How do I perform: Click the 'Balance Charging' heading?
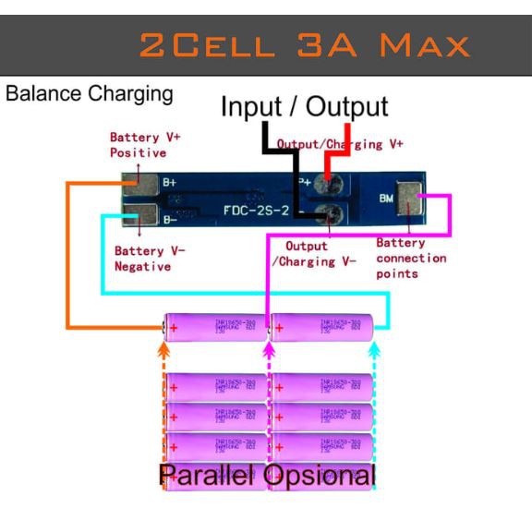tap(89, 94)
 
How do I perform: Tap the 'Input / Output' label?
tap(304, 106)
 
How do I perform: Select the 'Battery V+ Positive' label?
tap(145, 144)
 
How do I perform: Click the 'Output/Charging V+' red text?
tap(340, 145)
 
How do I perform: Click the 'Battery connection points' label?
tap(411, 259)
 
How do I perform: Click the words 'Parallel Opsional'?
tap(267, 477)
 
